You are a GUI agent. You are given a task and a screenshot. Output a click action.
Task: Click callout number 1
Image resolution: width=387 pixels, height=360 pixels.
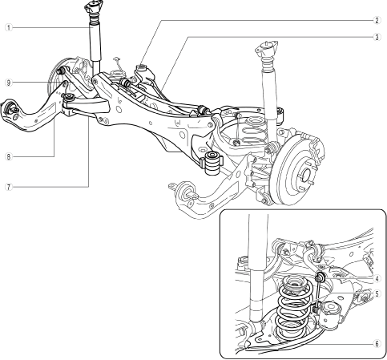9,27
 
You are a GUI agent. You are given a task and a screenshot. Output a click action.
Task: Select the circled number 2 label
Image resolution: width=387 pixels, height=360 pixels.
377,21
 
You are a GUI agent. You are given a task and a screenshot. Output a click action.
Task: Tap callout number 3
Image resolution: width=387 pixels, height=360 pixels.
377,37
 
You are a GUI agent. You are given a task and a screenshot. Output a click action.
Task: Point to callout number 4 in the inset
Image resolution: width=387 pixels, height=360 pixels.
377,279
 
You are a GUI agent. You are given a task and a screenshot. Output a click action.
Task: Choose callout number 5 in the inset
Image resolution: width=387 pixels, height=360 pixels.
377,294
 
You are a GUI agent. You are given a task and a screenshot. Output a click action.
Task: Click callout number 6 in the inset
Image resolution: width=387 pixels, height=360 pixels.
377,344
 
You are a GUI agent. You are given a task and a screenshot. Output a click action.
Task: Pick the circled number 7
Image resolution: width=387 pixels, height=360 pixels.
9,187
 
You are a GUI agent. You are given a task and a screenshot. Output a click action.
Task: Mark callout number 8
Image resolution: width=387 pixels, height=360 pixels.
9,156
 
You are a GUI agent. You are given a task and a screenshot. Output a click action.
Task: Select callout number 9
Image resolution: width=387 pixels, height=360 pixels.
9,83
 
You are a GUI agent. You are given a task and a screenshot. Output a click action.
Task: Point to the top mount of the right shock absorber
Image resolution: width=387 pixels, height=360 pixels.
266,49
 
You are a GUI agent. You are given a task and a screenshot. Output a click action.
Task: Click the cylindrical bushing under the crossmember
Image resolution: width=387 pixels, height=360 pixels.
212,163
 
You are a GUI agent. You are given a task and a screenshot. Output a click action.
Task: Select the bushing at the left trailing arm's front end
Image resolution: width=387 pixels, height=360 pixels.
11,107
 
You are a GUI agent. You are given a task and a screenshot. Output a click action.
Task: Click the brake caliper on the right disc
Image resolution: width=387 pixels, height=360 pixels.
315,146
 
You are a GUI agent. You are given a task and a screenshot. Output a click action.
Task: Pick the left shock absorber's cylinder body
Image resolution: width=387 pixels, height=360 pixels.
95,42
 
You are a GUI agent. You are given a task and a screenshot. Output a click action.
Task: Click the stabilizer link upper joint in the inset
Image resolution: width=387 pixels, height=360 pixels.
320,278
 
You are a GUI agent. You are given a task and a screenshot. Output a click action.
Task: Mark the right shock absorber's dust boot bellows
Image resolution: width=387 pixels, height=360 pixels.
267,64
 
